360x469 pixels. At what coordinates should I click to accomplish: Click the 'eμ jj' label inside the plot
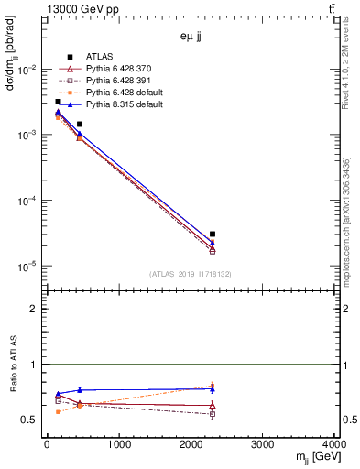[x=191, y=38]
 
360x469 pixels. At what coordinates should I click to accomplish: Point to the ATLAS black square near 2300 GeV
[x=213, y=234]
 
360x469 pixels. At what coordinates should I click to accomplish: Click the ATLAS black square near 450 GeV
[x=80, y=124]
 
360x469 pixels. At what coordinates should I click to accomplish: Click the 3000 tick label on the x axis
[x=264, y=446]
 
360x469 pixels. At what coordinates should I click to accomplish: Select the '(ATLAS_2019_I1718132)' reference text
[x=191, y=274]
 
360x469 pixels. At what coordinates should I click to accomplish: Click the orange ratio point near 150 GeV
[x=58, y=412]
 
